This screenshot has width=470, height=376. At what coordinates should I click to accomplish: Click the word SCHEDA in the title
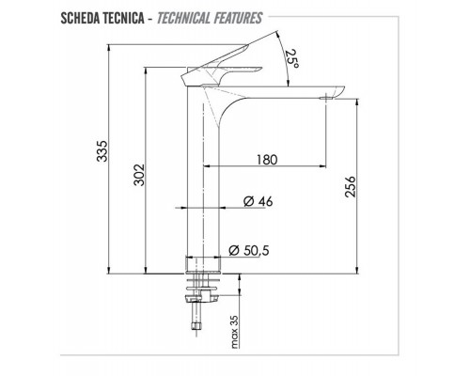tap(84, 18)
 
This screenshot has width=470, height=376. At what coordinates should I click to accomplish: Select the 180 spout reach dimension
tap(266, 161)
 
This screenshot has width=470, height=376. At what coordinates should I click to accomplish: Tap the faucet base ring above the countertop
tap(205, 265)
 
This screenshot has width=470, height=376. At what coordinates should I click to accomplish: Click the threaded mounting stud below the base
tap(200, 305)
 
